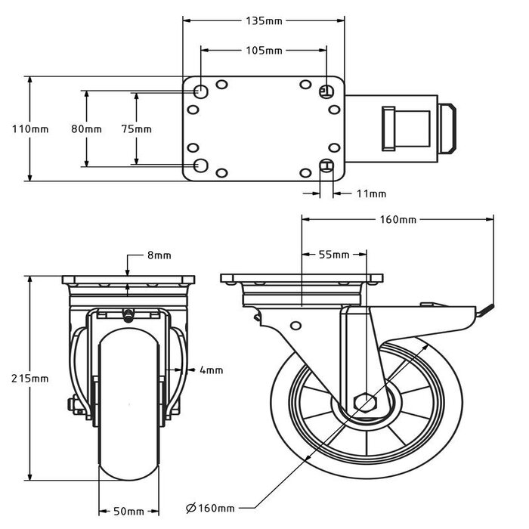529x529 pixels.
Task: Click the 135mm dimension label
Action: (264, 21)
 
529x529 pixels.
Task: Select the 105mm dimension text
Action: (264, 51)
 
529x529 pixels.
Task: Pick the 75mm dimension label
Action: (136, 129)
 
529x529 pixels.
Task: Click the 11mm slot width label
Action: (371, 194)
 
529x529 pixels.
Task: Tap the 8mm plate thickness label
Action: (159, 255)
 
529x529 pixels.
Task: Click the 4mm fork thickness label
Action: (212, 370)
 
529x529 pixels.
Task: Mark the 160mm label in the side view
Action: (398, 220)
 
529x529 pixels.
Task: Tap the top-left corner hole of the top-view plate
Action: (201, 91)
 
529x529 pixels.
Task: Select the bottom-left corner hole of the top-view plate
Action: (201, 165)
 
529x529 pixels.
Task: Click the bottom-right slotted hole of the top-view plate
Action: (327, 166)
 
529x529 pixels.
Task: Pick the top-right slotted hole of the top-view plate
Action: (326, 91)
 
